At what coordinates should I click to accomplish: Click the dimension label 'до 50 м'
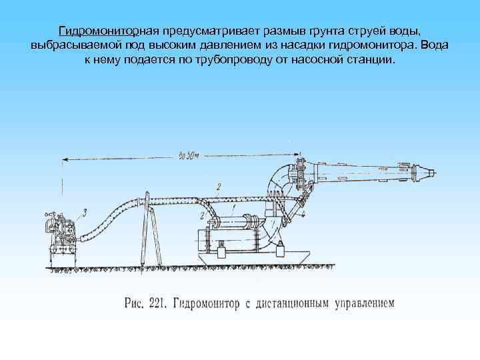click(189, 155)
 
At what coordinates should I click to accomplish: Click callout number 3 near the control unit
click(85, 213)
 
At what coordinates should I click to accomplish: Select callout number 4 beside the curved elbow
click(303, 215)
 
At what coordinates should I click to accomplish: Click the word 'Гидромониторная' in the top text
click(107, 31)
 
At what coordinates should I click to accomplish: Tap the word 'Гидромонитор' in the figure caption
click(207, 303)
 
